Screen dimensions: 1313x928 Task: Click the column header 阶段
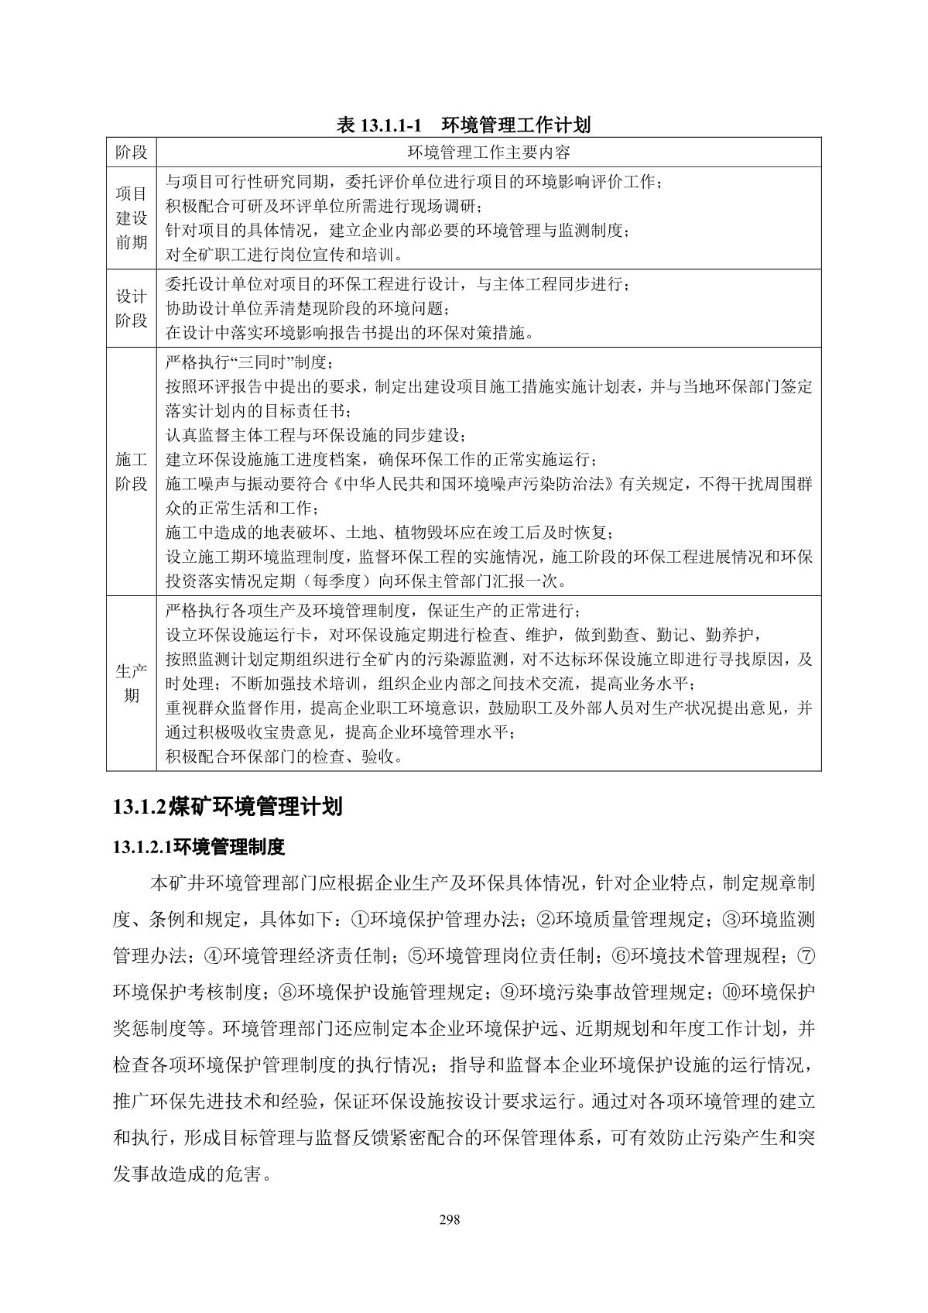click(131, 152)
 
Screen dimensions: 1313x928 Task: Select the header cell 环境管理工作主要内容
click(488, 152)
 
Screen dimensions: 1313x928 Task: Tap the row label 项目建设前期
click(131, 218)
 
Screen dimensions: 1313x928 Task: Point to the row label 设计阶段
click(131, 308)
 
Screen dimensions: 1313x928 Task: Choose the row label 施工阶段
click(131, 471)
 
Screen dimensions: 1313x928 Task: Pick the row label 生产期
click(131, 683)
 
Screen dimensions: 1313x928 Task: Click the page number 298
click(450, 1220)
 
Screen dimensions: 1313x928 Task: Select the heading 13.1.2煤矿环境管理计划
click(227, 807)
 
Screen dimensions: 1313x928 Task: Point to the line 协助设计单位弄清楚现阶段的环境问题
click(307, 309)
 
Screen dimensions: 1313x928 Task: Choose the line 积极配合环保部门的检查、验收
click(285, 756)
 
